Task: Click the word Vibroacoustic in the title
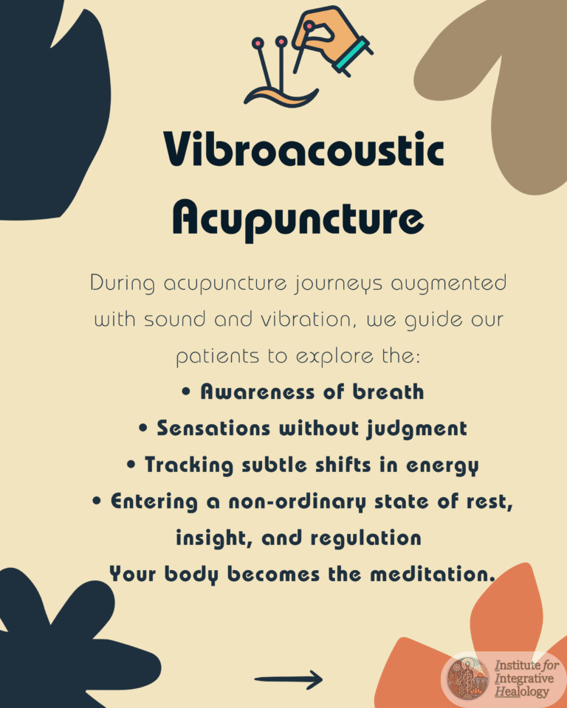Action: click(303, 149)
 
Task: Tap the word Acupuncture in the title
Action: click(298, 220)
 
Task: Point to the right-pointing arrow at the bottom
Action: click(289, 678)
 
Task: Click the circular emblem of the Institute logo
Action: click(467, 678)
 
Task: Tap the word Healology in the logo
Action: click(522, 692)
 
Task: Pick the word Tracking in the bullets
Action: click(189, 465)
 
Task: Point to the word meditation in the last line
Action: click(432, 575)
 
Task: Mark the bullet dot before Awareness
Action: click(186, 391)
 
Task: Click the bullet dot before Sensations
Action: click(143, 428)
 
